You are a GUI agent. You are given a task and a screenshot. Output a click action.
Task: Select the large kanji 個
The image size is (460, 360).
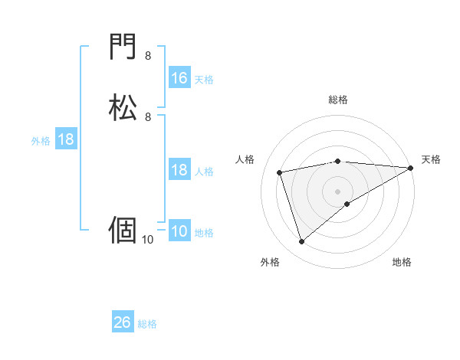[123, 229]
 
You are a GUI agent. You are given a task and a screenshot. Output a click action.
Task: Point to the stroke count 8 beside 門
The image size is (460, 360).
[147, 56]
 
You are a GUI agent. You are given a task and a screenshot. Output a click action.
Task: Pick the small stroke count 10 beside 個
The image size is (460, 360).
[147, 240]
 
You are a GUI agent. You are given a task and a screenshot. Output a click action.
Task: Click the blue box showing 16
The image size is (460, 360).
[179, 78]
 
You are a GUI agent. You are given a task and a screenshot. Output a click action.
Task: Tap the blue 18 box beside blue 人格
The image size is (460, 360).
[179, 170]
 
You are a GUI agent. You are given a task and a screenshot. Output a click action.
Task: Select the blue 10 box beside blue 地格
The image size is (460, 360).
[179, 232]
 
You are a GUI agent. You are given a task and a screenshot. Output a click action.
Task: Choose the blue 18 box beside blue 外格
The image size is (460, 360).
[66, 140]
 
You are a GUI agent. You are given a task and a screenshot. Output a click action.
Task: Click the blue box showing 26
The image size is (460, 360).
[123, 322]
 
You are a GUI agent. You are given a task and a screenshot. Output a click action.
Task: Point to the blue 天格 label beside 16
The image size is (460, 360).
[204, 79]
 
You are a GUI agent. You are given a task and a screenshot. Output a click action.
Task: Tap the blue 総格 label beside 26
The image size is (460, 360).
[147, 324]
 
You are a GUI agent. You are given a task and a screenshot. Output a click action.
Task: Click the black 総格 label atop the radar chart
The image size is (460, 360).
[338, 100]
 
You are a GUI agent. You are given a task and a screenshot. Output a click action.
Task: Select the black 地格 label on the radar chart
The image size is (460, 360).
[402, 263]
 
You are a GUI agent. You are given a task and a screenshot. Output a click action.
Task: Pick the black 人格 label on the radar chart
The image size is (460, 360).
[245, 159]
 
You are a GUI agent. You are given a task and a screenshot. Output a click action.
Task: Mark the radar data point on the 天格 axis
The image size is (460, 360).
[410, 168]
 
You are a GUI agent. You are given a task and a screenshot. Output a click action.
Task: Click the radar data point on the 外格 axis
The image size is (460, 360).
[301, 242]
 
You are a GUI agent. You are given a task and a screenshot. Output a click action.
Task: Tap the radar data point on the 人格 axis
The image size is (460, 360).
[280, 172]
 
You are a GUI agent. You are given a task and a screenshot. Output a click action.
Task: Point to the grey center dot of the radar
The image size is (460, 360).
[338, 191]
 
